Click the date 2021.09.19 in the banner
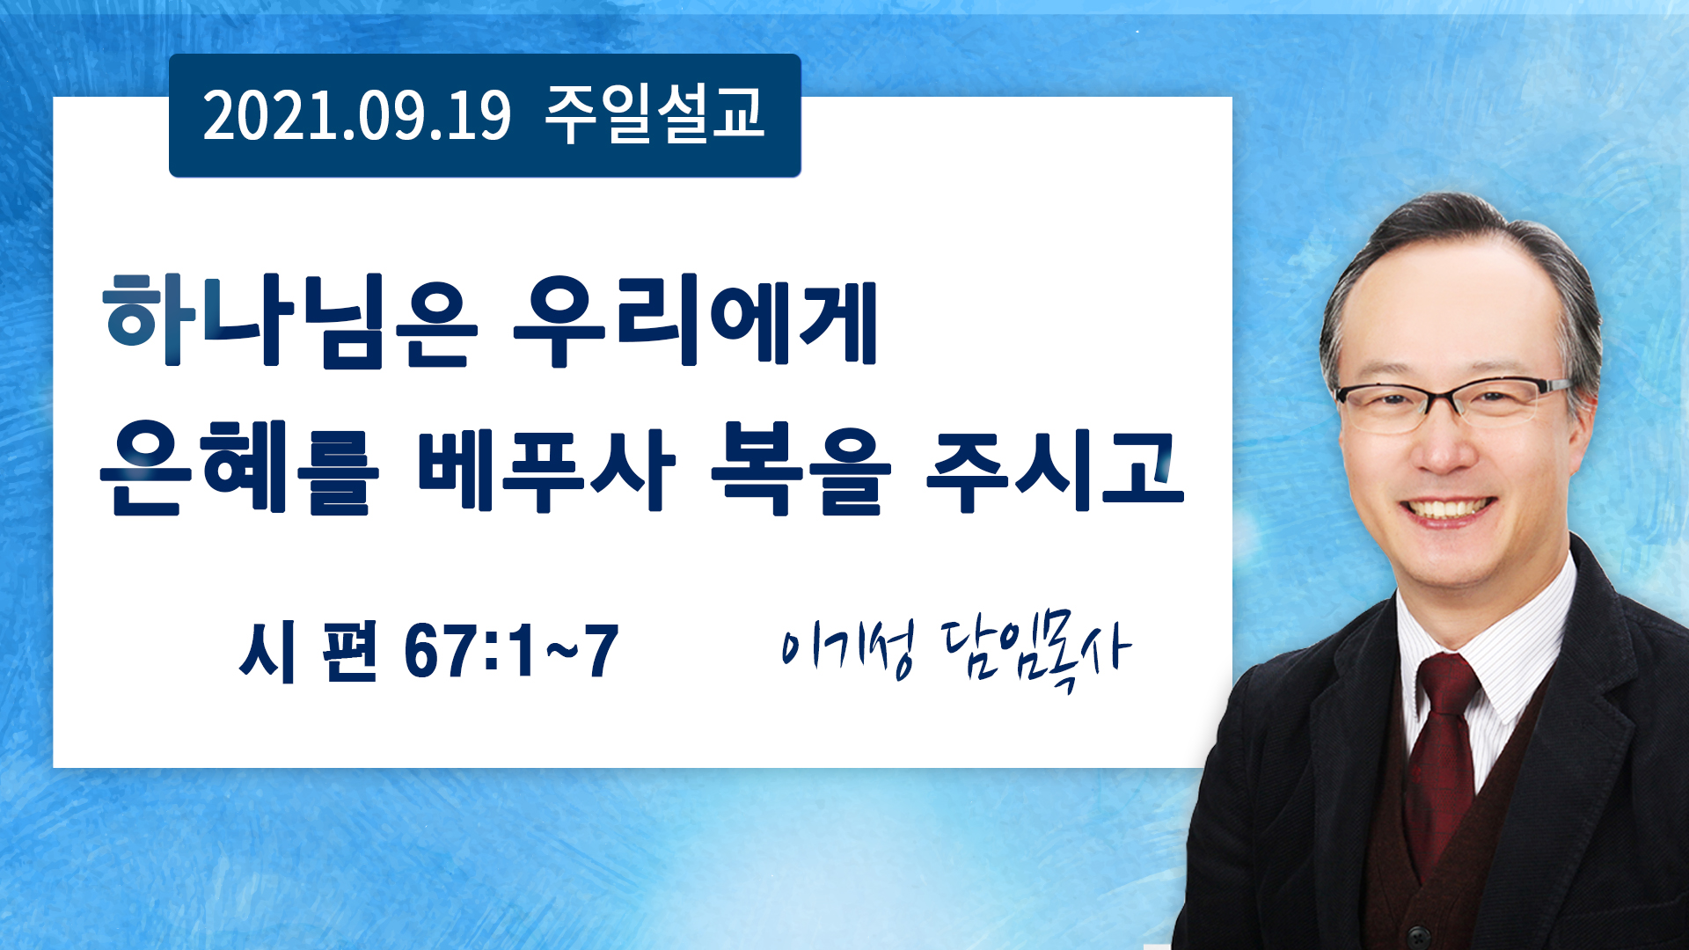tap(356, 116)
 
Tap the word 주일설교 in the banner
tap(654, 114)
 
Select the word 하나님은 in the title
tap(290, 320)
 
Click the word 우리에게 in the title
tap(695, 320)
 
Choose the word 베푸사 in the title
tap(546, 468)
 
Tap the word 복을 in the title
tap(801, 468)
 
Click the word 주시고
tap(1055, 468)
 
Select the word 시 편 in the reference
tap(308, 651)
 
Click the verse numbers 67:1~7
tap(511, 651)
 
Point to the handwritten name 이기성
tap(848, 649)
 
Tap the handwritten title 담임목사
tap(1035, 653)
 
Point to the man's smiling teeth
tap(1446, 509)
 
